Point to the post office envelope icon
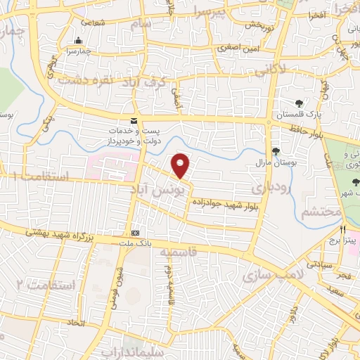pos(134,121)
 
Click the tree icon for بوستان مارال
pos(276,151)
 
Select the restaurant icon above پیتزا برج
pos(343,229)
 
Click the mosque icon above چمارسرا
pos(77,40)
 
